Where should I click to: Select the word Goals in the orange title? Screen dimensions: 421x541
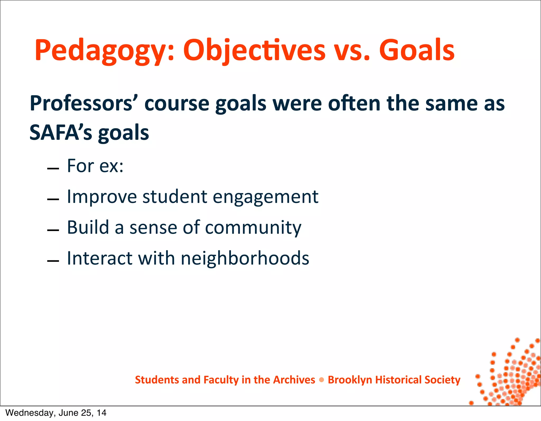tap(417, 50)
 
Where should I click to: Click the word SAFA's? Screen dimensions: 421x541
tap(60, 133)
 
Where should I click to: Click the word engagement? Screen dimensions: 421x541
tap(265, 197)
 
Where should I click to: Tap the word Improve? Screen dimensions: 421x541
tap(102, 197)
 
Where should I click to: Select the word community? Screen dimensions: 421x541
tap(253, 228)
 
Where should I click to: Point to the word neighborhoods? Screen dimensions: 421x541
tap(245, 258)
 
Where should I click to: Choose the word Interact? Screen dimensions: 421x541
tap(99, 258)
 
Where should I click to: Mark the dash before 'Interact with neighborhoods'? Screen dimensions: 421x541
tap(53, 261)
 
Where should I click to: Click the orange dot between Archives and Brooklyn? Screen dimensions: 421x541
tap(321, 380)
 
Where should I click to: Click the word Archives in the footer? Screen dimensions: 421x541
tap(294, 380)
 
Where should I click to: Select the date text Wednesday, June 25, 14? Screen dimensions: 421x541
tap(56, 413)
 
